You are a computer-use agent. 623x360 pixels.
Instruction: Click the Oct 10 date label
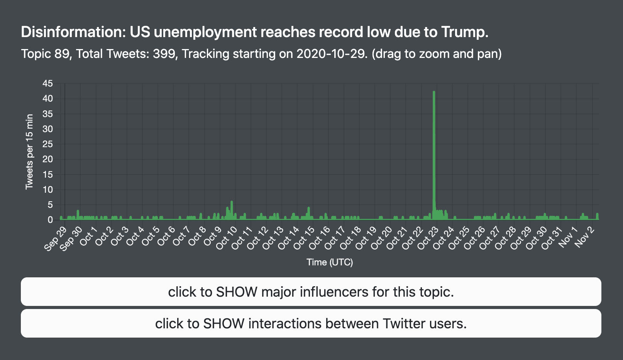227,238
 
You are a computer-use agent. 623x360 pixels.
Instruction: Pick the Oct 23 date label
428,238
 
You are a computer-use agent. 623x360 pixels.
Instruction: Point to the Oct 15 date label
304,238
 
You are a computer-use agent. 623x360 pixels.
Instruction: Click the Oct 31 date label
552,238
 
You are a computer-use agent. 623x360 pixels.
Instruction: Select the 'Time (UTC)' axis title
330,262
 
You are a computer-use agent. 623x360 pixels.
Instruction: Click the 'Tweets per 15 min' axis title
29,152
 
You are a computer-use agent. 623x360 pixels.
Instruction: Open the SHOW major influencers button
311,292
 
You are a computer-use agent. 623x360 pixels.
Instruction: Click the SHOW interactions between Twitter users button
311,323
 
